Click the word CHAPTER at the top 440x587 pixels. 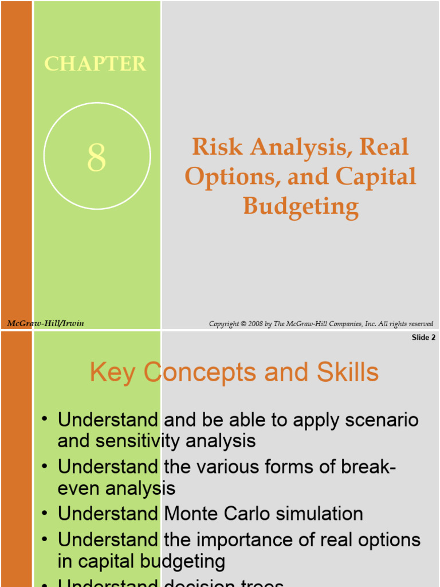click(x=95, y=64)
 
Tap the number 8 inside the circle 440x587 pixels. click(x=97, y=158)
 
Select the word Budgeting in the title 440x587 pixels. click(x=301, y=205)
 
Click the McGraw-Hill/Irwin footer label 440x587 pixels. click(x=45, y=323)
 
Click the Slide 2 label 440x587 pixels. click(x=423, y=338)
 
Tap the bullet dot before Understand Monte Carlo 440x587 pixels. click(x=45, y=514)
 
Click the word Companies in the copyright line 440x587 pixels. click(x=340, y=324)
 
